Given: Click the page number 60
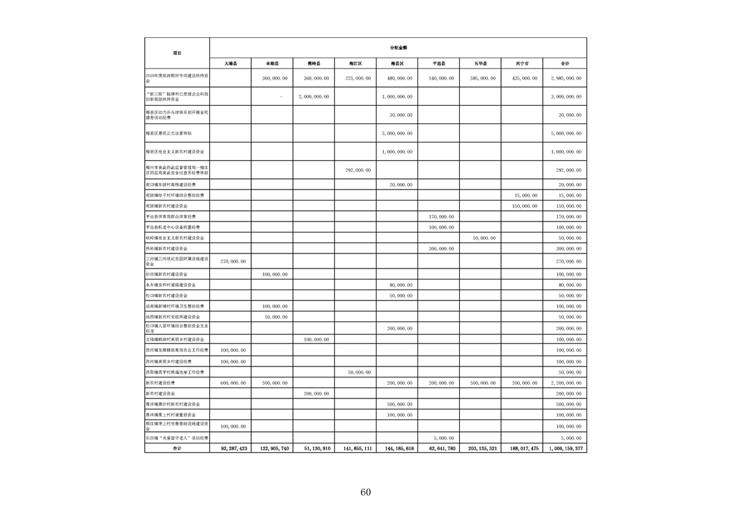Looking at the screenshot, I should pyautogui.click(x=365, y=492).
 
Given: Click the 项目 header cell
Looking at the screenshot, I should pyautogui.click(x=177, y=53).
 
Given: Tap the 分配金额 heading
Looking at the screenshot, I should pyautogui.click(x=398, y=48).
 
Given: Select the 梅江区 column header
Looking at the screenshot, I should pyautogui.click(x=356, y=63).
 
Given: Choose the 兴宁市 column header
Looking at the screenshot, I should pyautogui.click(x=522, y=63).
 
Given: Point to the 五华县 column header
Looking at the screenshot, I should pyautogui.click(x=480, y=63).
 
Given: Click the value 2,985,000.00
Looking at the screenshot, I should pyautogui.click(x=565, y=78).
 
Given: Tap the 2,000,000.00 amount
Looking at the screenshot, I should pyautogui.click(x=314, y=97).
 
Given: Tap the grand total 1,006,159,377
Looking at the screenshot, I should pyautogui.click(x=565, y=449).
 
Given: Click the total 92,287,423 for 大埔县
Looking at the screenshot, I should pyautogui.click(x=232, y=449).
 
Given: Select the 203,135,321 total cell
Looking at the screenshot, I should pyautogui.click(x=480, y=449).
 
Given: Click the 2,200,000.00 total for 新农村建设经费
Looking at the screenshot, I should pyautogui.click(x=565, y=383).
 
